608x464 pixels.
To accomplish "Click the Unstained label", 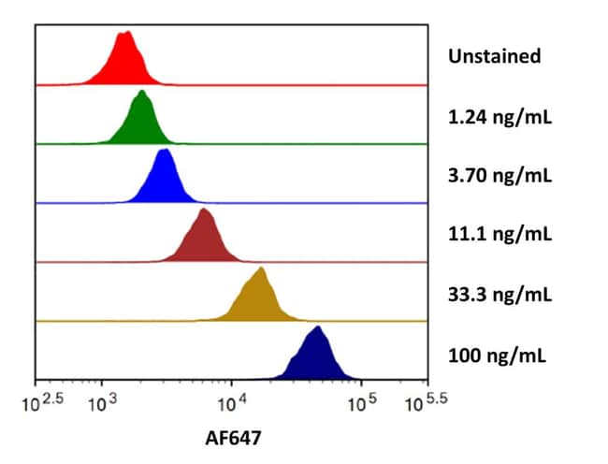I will click(495, 56).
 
